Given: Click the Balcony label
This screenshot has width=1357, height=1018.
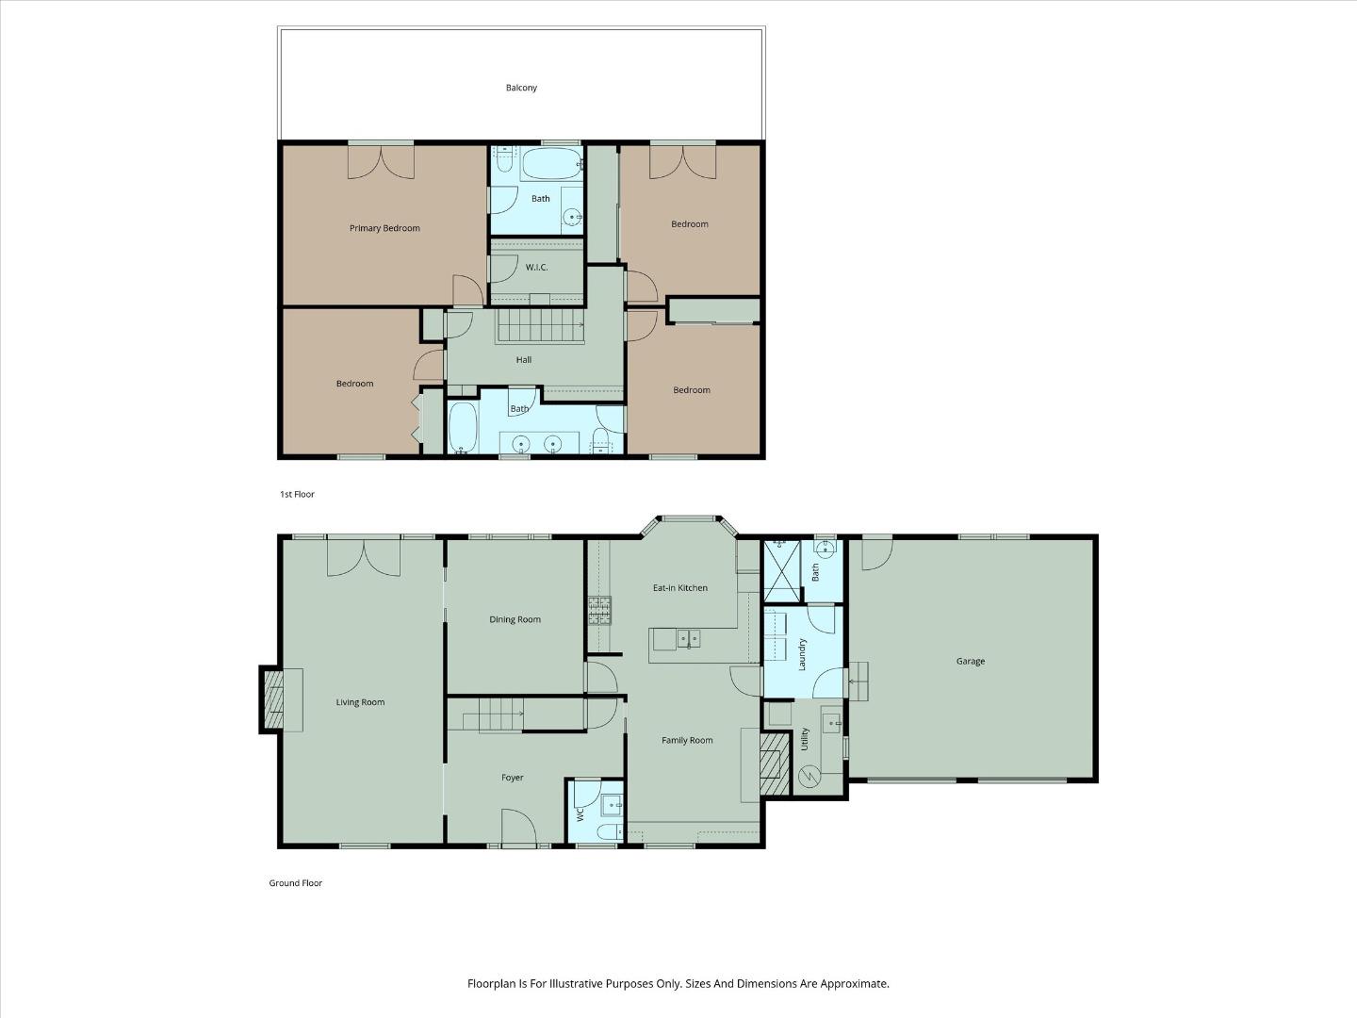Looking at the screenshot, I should pos(521,88).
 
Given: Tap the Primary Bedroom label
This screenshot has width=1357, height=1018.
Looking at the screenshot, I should pos(384,228).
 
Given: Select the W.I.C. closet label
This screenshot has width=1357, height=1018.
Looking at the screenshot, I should pos(536,268).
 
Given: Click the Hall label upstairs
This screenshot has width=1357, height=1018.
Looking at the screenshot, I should pos(524,360).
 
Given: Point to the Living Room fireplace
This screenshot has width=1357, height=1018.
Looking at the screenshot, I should pos(273,700).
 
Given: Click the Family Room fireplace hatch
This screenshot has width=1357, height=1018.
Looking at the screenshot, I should pos(774,762).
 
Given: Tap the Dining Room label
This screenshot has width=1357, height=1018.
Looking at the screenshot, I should pos(515,620).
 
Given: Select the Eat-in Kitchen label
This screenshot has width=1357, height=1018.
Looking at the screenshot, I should pos(680,588).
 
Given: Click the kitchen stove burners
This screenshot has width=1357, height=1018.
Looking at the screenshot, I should pos(599,611).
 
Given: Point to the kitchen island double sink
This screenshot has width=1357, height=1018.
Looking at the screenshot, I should pos(688,639).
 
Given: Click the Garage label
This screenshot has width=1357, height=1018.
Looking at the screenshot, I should pos(971,662).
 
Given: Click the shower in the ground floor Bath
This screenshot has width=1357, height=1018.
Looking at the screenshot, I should pos(780,569).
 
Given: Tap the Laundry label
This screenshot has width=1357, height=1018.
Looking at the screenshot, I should pos(803,654).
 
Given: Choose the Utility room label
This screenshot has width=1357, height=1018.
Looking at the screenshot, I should pos(805,738).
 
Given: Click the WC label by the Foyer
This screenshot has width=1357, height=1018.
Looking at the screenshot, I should pos(580,813).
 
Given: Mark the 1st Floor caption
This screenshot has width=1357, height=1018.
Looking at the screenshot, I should pos(297,494).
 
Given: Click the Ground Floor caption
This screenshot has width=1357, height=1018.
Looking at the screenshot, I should pos(296,883).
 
